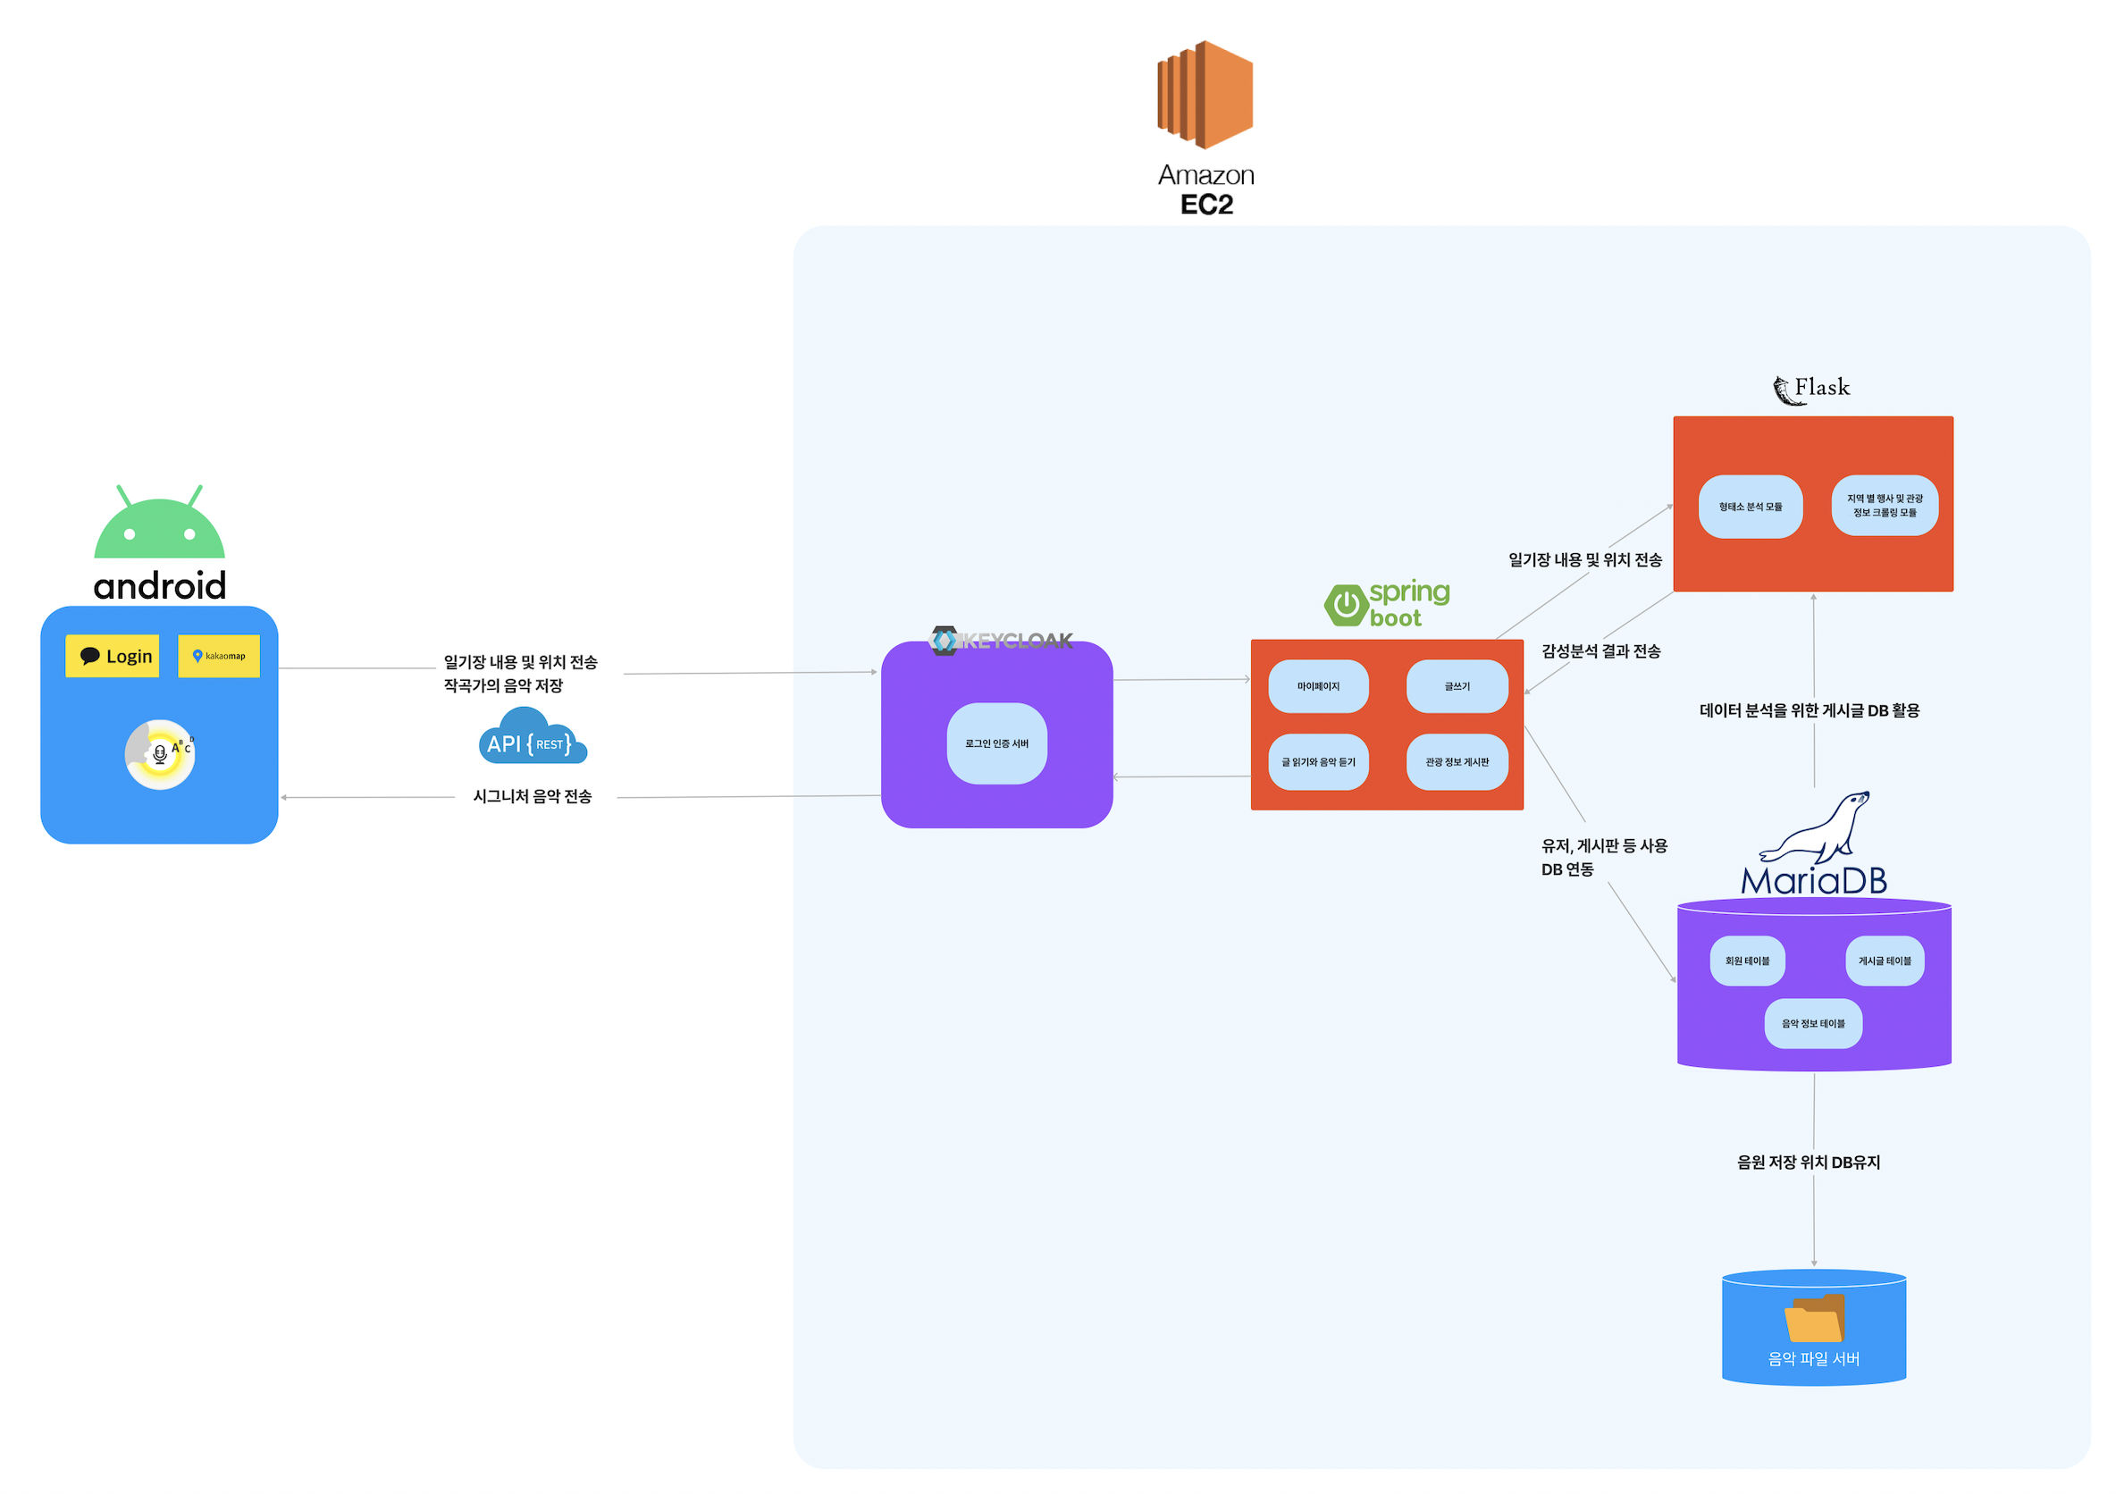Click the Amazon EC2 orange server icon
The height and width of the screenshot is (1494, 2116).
[1205, 94]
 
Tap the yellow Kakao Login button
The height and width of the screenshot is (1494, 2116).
[113, 656]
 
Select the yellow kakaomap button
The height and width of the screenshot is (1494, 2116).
[218, 656]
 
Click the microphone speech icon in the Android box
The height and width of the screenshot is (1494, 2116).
[160, 754]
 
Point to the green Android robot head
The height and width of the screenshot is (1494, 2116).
[159, 526]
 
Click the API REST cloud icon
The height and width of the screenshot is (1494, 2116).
[532, 737]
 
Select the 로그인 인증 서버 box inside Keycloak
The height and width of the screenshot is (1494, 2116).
[996, 743]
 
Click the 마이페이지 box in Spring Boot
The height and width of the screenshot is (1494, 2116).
[1318, 686]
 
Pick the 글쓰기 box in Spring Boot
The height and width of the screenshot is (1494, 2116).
[1457, 686]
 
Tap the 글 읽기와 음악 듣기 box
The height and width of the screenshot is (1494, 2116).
[1318, 762]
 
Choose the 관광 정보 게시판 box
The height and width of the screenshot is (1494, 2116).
[1457, 762]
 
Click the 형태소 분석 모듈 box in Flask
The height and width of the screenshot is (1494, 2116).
[1750, 507]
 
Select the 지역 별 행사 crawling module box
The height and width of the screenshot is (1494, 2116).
[1884, 506]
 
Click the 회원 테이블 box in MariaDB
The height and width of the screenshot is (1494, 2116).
[1746, 961]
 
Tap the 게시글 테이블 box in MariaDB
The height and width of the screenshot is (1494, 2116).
[1884, 961]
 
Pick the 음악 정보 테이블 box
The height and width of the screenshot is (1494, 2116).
[1812, 1024]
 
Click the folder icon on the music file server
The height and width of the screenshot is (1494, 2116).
[1813, 1319]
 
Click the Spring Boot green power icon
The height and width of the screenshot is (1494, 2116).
[1346, 606]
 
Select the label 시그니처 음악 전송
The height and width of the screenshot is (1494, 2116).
[532, 796]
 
